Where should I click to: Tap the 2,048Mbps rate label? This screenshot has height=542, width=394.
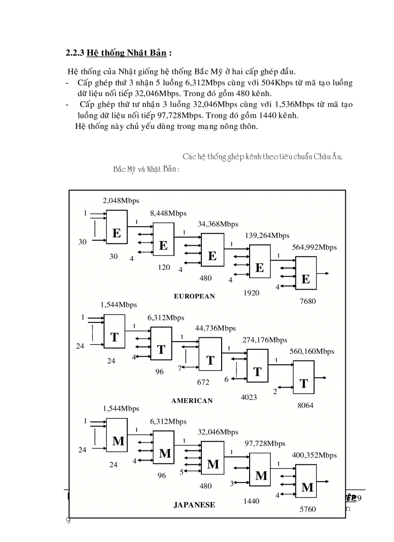click(x=121, y=201)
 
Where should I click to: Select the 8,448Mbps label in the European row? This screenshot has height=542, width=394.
click(x=168, y=213)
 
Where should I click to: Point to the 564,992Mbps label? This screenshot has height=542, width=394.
click(x=314, y=247)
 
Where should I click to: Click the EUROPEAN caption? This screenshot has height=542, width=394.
click(x=194, y=296)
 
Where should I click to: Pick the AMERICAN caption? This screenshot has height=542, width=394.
click(x=192, y=401)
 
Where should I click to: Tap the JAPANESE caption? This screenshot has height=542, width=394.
click(x=194, y=505)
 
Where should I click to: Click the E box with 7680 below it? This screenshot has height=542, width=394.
click(x=306, y=273)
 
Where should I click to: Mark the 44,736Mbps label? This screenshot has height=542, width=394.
click(x=215, y=328)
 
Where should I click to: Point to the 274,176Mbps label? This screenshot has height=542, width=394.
click(x=265, y=340)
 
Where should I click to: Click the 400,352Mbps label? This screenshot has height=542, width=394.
click(x=314, y=455)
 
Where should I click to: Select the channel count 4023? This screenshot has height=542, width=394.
click(x=249, y=397)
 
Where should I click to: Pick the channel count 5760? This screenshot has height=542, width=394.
click(x=308, y=509)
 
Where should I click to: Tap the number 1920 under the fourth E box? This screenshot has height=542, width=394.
click(x=251, y=292)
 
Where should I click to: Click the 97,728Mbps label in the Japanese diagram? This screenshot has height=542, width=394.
click(x=265, y=443)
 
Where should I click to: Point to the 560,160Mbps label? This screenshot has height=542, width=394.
click(x=311, y=351)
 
